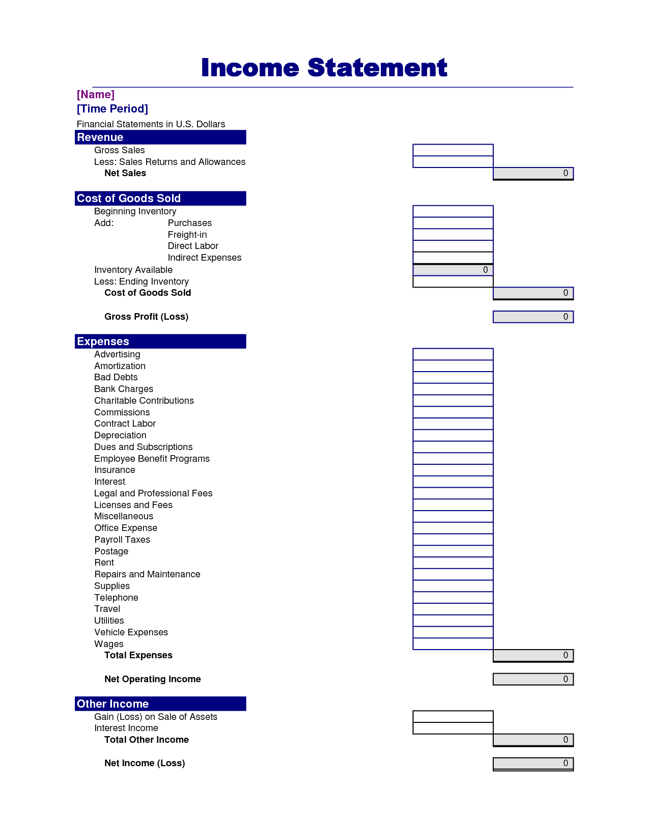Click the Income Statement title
[x=324, y=68]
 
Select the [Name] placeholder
[x=96, y=95]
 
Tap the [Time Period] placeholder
[x=112, y=109]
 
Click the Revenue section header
[x=160, y=137]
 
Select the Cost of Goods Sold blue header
[x=160, y=199]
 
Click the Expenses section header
[x=160, y=342]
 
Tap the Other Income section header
[x=160, y=704]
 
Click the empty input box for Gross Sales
[x=453, y=150]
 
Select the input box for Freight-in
[x=453, y=235]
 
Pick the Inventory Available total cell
[x=453, y=270]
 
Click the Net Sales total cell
[x=533, y=174]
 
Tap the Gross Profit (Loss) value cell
[x=533, y=317]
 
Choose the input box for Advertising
[x=453, y=354]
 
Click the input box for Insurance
[x=453, y=470]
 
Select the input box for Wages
[x=453, y=644]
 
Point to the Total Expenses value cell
[x=533, y=656]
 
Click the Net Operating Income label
[x=152, y=679]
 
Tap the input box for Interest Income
[x=453, y=729]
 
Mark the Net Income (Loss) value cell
[x=533, y=764]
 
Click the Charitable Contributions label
[x=144, y=401]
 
